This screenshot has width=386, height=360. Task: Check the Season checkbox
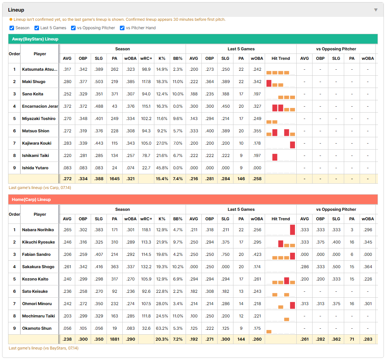(12, 28)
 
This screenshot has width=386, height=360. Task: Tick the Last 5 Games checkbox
(37, 28)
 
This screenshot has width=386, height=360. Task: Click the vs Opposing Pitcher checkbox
(73, 28)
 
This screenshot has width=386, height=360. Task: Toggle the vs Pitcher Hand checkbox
(122, 28)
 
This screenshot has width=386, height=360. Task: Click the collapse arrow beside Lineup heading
(376, 10)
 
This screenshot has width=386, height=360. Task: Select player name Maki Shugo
(34, 82)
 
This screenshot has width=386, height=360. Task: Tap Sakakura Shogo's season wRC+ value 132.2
(146, 267)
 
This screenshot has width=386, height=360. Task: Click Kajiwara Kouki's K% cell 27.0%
(162, 143)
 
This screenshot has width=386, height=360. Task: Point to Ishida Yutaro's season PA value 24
(115, 168)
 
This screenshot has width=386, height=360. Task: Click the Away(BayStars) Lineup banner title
(35, 39)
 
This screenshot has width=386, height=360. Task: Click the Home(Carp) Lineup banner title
(31, 199)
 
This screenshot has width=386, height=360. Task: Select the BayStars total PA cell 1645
(115, 179)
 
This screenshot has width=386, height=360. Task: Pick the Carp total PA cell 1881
(115, 339)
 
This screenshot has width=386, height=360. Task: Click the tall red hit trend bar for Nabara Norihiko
(292, 230)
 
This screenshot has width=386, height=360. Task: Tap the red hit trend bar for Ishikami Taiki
(275, 157)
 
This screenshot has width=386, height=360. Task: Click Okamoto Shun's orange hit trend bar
(269, 331)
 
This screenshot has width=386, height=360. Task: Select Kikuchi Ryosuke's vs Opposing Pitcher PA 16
(352, 242)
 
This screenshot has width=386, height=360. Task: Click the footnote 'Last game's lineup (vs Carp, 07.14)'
(40, 188)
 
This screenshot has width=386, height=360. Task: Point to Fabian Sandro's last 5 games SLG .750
(225, 254)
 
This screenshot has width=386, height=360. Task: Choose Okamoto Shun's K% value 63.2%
(162, 328)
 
